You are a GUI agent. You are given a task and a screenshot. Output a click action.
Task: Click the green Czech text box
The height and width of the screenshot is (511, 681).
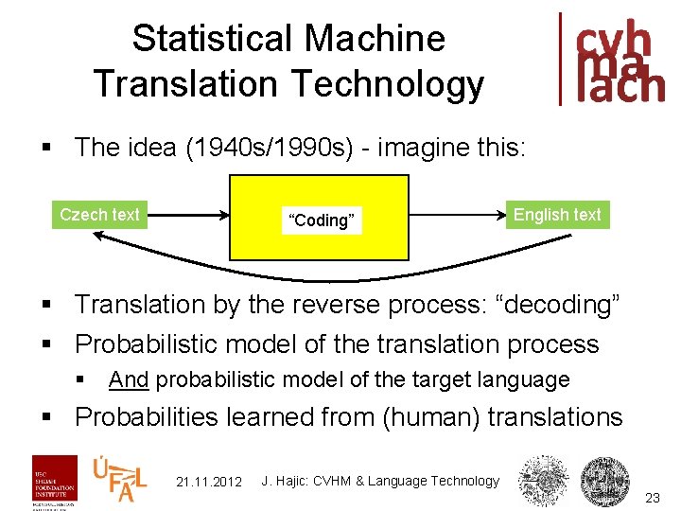pyautogui.click(x=98, y=215)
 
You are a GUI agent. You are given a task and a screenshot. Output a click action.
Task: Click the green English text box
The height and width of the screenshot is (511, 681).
pyautogui.click(x=557, y=215)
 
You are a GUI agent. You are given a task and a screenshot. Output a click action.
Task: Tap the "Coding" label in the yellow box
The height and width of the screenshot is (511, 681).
pyautogui.click(x=322, y=220)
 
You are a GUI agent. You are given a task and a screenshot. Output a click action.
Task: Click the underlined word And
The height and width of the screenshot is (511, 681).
pyautogui.click(x=129, y=380)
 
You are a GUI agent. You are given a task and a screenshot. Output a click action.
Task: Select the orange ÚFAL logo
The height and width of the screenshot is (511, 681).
pyautogui.click(x=119, y=479)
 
